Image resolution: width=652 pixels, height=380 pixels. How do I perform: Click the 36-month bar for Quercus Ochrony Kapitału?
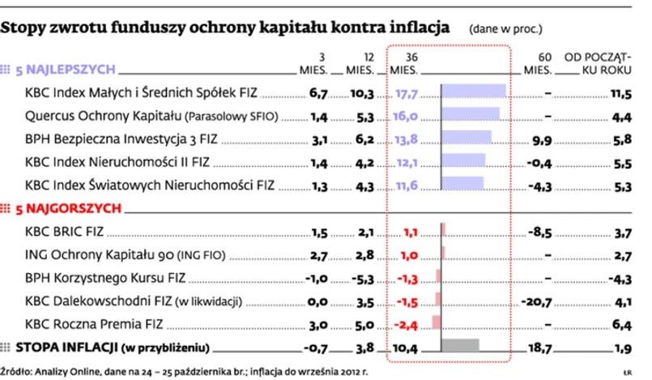(x=470, y=115)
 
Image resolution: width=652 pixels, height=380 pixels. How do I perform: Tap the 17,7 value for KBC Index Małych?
(x=406, y=93)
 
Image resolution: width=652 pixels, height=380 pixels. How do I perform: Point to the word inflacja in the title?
(x=413, y=29)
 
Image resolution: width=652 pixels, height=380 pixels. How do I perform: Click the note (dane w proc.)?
(x=507, y=31)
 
